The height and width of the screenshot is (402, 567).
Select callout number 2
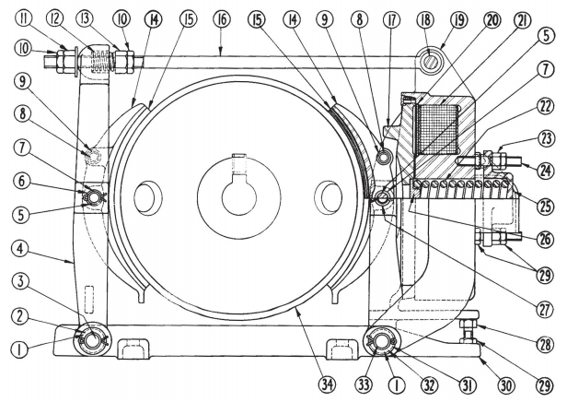click(19, 316)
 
